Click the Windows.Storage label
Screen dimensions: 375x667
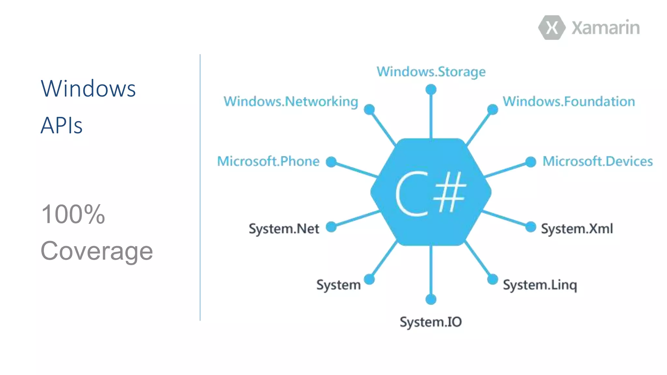click(x=431, y=72)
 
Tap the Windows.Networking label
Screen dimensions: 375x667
click(x=291, y=102)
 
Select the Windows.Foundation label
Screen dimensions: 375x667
click(x=569, y=102)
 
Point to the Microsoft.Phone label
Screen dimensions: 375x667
click(x=268, y=161)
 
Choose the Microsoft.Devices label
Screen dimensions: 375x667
click(x=597, y=161)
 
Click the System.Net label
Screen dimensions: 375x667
click(x=284, y=229)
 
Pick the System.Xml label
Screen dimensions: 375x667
click(x=577, y=229)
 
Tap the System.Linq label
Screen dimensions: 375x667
click(x=540, y=285)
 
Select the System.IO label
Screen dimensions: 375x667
click(x=431, y=322)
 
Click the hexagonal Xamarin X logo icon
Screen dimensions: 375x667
click(x=552, y=28)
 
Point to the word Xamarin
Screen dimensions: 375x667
click(x=605, y=28)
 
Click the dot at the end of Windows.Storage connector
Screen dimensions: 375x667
click(x=431, y=90)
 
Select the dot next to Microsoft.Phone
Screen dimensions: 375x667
click(x=331, y=162)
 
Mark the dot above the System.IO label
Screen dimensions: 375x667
click(x=431, y=299)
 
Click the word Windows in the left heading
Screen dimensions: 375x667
click(x=88, y=89)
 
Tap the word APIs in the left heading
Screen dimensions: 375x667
click(x=61, y=125)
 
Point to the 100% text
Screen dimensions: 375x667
click(x=73, y=214)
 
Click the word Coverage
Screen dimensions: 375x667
click(x=96, y=251)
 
